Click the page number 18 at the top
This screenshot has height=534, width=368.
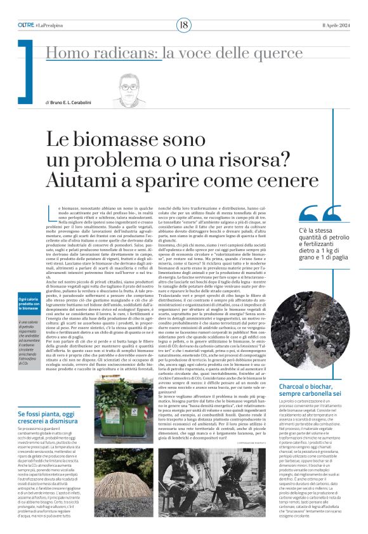[x=183, y=25]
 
